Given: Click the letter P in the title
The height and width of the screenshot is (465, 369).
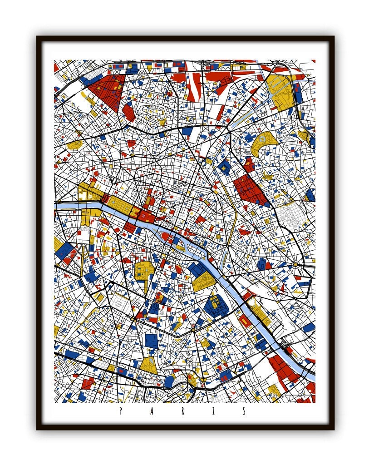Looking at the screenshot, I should click(x=120, y=411).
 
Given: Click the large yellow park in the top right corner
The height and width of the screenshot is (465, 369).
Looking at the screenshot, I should click(x=281, y=93).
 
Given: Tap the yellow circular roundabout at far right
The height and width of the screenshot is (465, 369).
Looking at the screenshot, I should click(x=295, y=264).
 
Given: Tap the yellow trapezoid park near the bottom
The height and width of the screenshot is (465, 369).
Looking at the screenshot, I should click(x=148, y=364).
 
